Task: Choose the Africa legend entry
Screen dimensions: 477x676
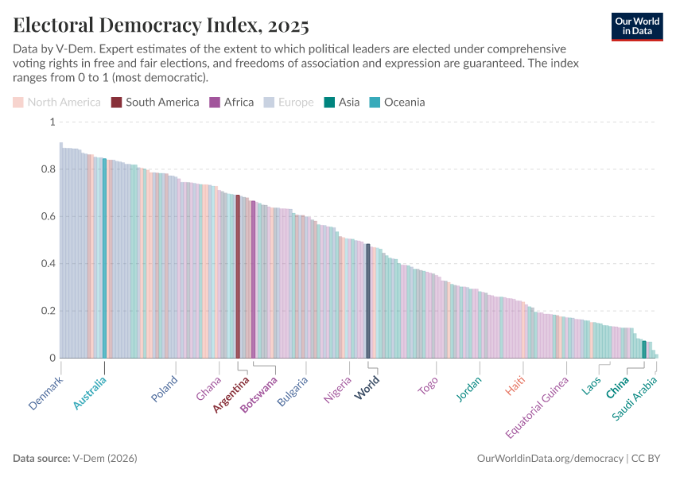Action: pos(231,102)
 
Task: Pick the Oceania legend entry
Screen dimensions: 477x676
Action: pos(397,102)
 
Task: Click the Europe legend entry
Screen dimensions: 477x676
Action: pos(288,102)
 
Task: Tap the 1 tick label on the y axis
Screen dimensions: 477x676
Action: pos(52,122)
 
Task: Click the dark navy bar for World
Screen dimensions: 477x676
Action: pos(367,301)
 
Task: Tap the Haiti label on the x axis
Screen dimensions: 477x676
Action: pos(515,386)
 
